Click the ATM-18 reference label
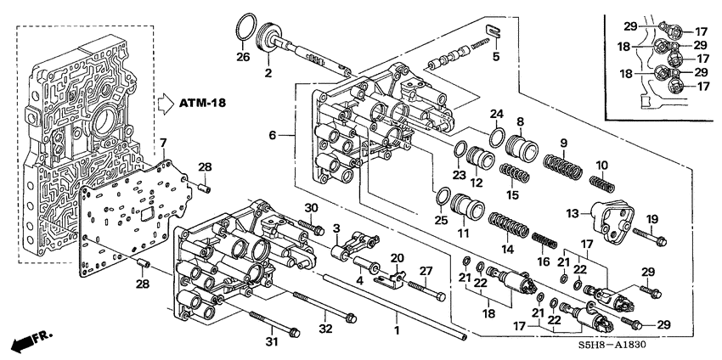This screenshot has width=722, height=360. pos(209,104)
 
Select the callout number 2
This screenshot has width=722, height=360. pos(268,73)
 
